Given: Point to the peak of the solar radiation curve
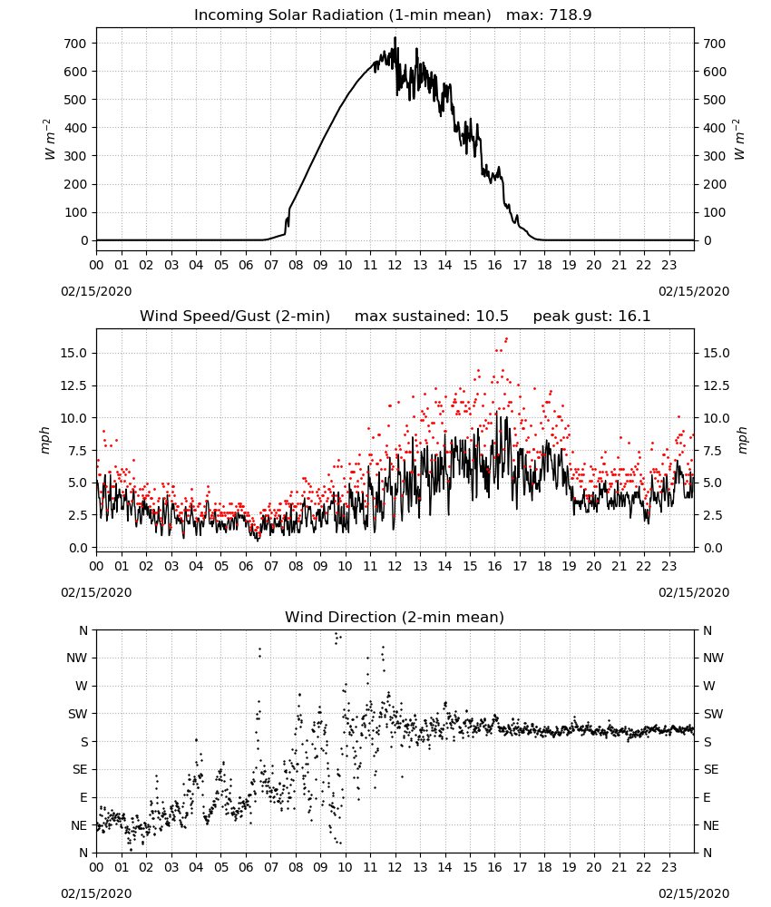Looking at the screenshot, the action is (x=395, y=37).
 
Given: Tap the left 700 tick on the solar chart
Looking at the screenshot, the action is (x=75, y=44).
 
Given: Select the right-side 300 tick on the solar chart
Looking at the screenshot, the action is (x=715, y=156).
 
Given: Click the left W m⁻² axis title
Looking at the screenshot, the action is (x=49, y=140).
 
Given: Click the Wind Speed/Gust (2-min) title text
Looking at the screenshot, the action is (x=235, y=316).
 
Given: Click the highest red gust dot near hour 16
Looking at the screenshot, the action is (x=507, y=339).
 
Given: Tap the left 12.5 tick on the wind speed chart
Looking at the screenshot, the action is (x=73, y=385).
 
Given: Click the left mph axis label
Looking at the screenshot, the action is (x=45, y=440).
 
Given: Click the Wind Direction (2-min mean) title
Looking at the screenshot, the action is (x=395, y=617).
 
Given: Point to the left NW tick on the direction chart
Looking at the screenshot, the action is (x=77, y=658).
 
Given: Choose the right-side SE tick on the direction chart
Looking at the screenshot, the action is (x=711, y=769).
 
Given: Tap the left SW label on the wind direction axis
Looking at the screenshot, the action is (x=77, y=714).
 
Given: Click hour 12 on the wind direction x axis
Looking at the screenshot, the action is (x=395, y=866).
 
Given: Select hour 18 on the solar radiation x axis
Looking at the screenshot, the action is (x=544, y=265).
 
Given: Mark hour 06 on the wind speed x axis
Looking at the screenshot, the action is (x=246, y=566).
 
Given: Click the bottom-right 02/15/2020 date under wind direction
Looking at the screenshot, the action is (x=694, y=893).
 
